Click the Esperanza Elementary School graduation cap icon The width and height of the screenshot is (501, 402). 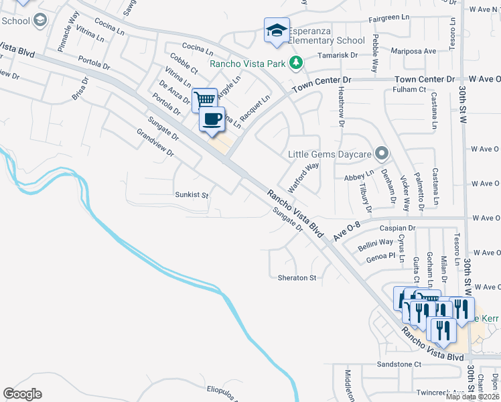click(x=277, y=30)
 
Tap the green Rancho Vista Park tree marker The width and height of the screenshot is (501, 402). click(x=295, y=64)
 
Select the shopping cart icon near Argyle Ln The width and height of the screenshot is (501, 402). click(x=205, y=100)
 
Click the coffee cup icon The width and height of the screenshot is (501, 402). click(x=212, y=119)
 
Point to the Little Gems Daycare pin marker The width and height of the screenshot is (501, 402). click(x=382, y=154)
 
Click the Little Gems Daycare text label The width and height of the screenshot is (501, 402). click(x=329, y=155)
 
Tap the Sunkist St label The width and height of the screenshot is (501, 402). click(x=192, y=196)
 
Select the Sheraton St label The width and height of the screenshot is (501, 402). click(x=297, y=277)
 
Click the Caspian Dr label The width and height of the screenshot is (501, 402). click(x=398, y=228)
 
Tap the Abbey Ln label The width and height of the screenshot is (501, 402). click(x=354, y=178)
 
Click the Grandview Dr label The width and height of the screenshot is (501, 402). click(x=155, y=143)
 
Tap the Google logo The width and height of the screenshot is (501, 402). click(x=22, y=393)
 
